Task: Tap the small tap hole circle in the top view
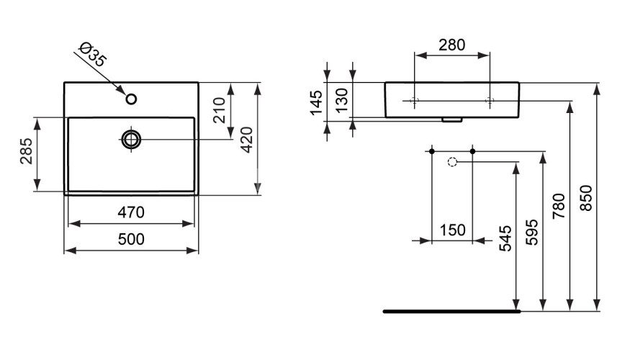pyautogui.click(x=130, y=99)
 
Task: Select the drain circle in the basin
pyautogui.click(x=131, y=138)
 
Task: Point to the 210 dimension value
pyautogui.click(x=220, y=109)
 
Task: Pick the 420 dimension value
pyautogui.click(x=246, y=138)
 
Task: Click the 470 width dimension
pyautogui.click(x=131, y=213)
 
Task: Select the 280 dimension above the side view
pyautogui.click(x=451, y=45)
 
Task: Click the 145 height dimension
pyautogui.click(x=315, y=102)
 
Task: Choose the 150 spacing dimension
pyautogui.click(x=451, y=230)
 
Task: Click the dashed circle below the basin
pyautogui.click(x=452, y=161)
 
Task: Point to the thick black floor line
pyautogui.click(x=451, y=311)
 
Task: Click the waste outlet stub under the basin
pyautogui.click(x=451, y=120)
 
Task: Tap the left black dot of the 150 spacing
pyautogui.click(x=431, y=150)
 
